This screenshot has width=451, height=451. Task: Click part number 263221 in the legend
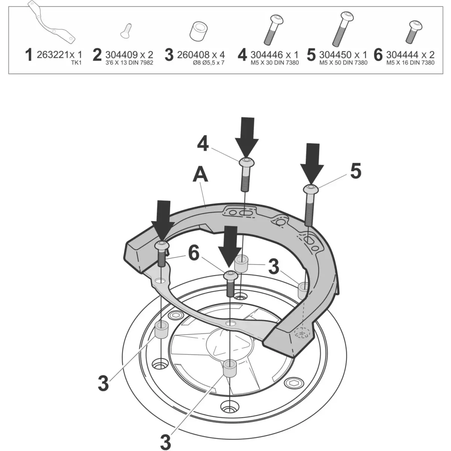(53, 55)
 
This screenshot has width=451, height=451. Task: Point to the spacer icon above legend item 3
(198, 31)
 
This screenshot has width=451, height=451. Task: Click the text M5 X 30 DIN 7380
(275, 63)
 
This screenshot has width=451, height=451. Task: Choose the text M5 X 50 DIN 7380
(344, 63)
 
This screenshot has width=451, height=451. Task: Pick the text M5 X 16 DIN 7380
(410, 63)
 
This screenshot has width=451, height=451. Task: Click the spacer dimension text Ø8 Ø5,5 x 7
(209, 63)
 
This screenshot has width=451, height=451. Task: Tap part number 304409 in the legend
(121, 55)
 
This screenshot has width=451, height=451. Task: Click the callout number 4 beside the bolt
(203, 144)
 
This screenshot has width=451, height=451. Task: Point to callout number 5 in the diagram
(356, 171)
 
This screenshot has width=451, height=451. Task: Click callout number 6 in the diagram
(194, 254)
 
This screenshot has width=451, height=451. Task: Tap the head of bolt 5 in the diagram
(311, 189)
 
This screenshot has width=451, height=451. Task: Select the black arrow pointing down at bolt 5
(312, 164)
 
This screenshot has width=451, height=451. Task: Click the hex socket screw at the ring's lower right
(294, 383)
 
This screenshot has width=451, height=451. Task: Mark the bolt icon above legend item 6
(415, 32)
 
